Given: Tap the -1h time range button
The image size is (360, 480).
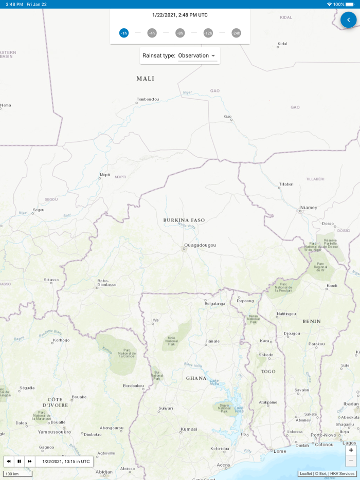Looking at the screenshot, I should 124,33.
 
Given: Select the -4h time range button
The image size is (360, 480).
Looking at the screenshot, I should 152,33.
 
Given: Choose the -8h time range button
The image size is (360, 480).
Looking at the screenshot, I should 180,33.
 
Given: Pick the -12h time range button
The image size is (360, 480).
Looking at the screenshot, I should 208,33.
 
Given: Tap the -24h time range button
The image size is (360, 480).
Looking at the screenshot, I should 236,33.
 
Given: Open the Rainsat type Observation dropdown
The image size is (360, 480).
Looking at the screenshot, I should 197,56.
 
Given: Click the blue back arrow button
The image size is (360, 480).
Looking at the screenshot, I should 349,20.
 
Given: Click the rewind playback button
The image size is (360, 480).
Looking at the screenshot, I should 9,461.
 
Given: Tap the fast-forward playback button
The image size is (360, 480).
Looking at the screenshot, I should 30,461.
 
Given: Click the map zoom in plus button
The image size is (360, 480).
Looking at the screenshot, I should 351,450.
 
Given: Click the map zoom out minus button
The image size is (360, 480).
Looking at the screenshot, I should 351,461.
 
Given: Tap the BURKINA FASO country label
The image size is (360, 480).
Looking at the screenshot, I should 184,220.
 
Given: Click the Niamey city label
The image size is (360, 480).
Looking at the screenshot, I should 309,208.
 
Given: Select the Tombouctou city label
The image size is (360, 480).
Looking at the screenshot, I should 148,99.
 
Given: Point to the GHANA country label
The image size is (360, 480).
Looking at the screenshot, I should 196,378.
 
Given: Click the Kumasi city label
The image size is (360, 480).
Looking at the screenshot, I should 188,429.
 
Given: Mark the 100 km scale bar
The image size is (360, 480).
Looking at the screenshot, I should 17,473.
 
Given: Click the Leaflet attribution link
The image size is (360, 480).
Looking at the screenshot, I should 306,473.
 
